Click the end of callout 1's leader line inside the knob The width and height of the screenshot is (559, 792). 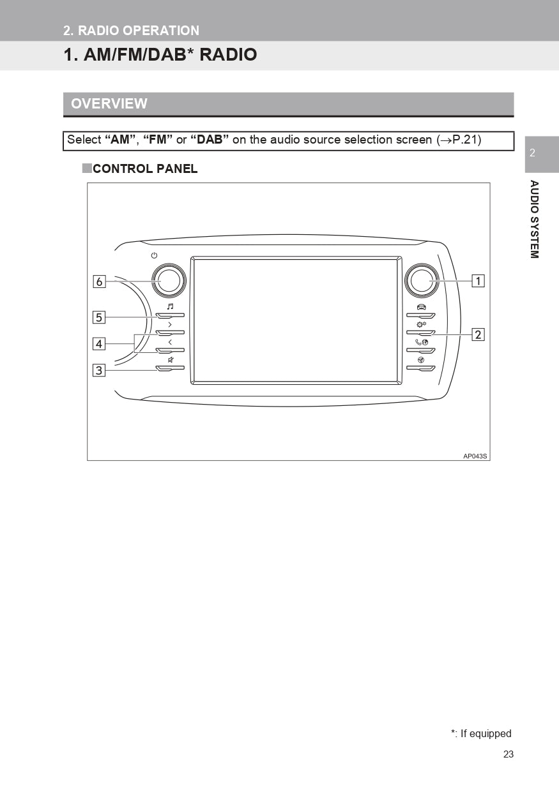point(430,281)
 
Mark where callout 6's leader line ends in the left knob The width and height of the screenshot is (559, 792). point(161,281)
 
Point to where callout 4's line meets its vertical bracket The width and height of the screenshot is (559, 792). point(135,344)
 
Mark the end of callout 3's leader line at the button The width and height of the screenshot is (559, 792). point(157,370)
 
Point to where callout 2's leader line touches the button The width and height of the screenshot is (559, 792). point(432,334)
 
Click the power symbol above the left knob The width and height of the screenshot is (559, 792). point(154,255)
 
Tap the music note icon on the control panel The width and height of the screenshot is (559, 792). point(171,306)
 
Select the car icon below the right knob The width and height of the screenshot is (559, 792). point(421,306)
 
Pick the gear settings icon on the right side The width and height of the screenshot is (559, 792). point(421,324)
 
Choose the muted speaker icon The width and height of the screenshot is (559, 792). point(171,360)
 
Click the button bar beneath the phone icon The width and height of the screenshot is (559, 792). point(420,350)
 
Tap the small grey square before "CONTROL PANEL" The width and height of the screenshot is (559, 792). point(87,168)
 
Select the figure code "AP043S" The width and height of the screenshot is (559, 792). point(475,456)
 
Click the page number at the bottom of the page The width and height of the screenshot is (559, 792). point(509,754)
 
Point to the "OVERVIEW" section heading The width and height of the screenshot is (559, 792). point(109,103)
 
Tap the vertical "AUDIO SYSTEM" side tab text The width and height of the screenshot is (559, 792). point(534,219)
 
